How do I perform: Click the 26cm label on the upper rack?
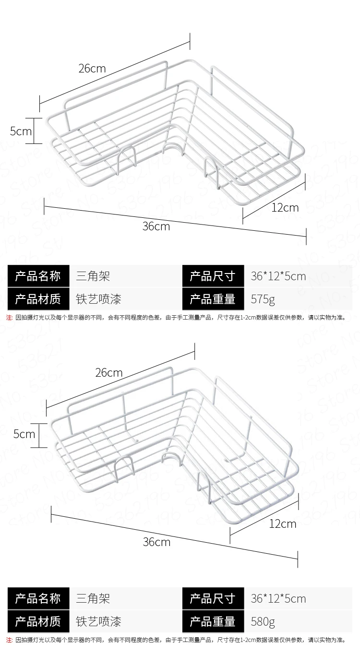coord(92,69)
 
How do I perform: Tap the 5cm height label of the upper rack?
coord(21,131)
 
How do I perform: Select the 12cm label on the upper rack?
coord(285,207)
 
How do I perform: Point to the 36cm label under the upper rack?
coord(156,226)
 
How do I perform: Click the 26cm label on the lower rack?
coord(109,373)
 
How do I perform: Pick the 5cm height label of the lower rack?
coord(24,434)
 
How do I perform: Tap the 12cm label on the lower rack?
coord(283,523)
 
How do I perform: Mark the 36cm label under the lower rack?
coord(156,542)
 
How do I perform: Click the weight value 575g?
coord(263,300)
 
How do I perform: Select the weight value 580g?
coord(263,622)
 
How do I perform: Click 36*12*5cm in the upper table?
coord(278,276)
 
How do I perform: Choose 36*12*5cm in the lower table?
coord(278,599)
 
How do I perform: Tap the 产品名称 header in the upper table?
coord(38,276)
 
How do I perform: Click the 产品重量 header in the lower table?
coord(213,622)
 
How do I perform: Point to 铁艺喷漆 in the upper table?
coord(99,300)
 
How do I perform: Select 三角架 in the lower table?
coord(93,599)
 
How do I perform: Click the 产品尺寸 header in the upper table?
coord(213,276)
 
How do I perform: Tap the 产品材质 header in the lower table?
coord(38,622)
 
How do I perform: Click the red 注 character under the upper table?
coord(9,317)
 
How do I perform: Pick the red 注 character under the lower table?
coord(9,640)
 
